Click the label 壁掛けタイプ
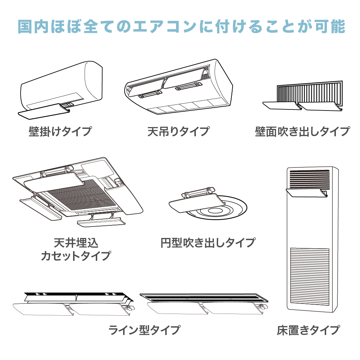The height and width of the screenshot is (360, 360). (x=60, y=131)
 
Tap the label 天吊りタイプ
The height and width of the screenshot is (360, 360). (x=178, y=131)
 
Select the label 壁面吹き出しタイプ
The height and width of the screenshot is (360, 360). (x=302, y=131)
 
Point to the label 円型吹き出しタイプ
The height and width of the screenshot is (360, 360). (x=208, y=242)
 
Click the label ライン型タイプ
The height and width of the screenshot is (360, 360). (x=144, y=329)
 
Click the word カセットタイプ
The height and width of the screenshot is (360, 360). (x=76, y=256)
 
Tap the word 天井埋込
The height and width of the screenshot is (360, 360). (x=76, y=243)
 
